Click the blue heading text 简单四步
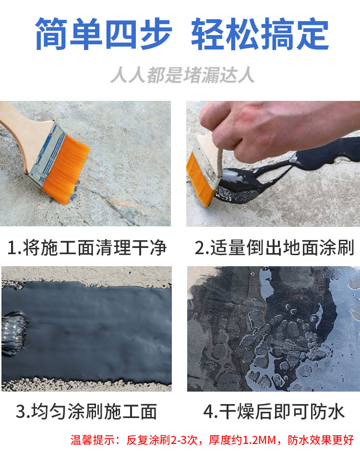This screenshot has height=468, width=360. click(x=103, y=34)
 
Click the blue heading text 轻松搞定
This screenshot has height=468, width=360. click(x=260, y=34)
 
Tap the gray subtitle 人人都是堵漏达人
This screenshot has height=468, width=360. click(x=182, y=74)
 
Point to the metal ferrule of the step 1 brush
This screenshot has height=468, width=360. click(x=47, y=152)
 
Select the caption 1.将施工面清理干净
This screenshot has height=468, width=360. click(x=86, y=247)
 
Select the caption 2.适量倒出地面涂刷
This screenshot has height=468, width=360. click(x=274, y=247)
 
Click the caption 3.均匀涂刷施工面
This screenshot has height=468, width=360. click(x=86, y=412)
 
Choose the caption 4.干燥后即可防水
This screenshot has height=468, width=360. click(x=274, y=412)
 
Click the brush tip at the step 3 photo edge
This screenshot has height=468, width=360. click(x=13, y=333)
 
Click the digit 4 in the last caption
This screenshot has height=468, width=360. click(x=208, y=412)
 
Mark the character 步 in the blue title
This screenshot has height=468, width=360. click(x=156, y=34)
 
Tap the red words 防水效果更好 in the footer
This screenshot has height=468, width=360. click(x=321, y=440)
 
